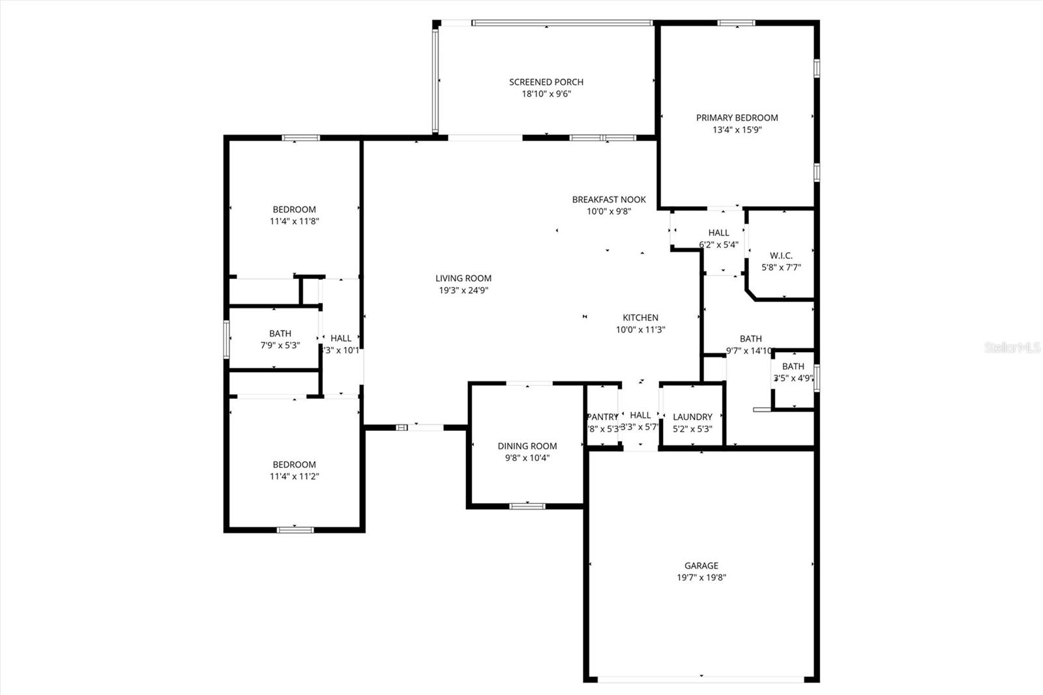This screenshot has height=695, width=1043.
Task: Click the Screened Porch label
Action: click(x=546, y=82)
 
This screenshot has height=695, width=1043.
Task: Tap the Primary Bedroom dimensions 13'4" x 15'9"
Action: click(x=737, y=130)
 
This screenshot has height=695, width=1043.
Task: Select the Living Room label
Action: click(x=463, y=278)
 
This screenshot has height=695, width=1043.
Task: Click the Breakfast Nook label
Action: click(x=609, y=200)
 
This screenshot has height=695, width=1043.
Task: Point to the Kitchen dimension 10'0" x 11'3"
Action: click(x=640, y=330)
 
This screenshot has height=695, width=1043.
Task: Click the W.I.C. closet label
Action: click(x=781, y=256)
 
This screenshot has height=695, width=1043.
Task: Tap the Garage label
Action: click(x=701, y=566)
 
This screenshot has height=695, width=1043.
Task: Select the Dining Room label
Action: click(x=527, y=446)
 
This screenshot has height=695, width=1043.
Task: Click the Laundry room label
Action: click(x=692, y=417)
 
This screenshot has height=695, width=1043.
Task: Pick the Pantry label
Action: click(x=603, y=417)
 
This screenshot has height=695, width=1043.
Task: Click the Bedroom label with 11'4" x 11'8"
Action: click(x=294, y=209)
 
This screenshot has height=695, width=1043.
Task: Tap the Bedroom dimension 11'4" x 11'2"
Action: click(x=294, y=477)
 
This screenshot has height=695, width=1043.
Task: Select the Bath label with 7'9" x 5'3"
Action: click(x=280, y=334)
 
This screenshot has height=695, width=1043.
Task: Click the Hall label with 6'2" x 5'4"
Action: click(x=718, y=233)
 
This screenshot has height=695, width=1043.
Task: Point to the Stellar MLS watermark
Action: click(x=1012, y=347)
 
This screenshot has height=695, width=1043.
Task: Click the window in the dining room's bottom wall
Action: click(x=527, y=506)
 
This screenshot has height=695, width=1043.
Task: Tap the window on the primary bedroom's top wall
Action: click(x=736, y=23)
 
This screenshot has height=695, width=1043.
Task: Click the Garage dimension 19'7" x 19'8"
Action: click(x=701, y=578)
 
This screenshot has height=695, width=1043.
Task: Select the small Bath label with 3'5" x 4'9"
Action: click(x=793, y=366)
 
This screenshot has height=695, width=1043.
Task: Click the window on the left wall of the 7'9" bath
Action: click(x=227, y=339)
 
